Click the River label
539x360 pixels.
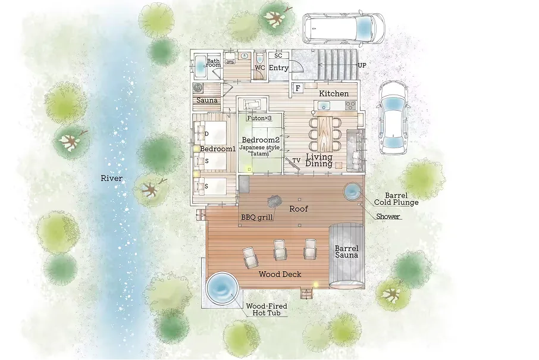coord(111,178)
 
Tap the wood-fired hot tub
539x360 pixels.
coord(221,287)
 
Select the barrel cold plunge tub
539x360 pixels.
coord(353,191)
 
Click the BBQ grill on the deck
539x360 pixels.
coord(274,202)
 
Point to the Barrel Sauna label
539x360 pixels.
coord(346,252)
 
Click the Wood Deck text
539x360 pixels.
coord(280,274)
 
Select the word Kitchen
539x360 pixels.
coord(334,93)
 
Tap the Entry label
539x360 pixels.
coord(278,68)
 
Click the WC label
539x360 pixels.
coord(260,68)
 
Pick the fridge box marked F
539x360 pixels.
coord(297,88)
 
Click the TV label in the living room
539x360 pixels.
coord(296,160)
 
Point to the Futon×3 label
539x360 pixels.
coord(259,118)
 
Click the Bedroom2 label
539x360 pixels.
coord(260,140)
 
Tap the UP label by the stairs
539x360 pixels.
coord(362,65)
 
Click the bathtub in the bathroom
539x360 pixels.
coord(200,67)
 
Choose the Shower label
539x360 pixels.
coord(388,216)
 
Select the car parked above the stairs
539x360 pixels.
coord(344,28)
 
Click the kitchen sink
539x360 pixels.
coord(324,105)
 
